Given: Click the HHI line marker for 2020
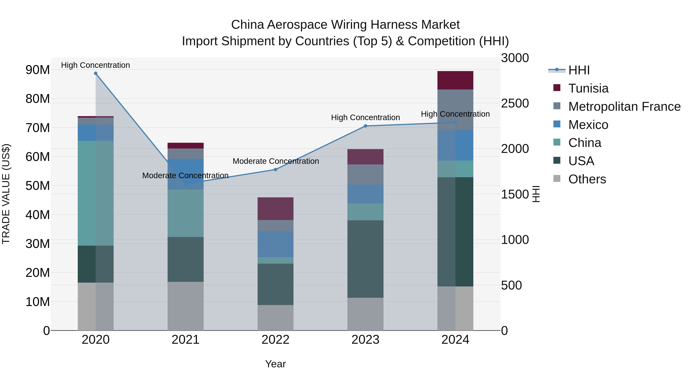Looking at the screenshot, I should pos(96,73).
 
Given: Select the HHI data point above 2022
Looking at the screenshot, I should pos(275,170).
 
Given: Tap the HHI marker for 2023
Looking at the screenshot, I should pos(365,126).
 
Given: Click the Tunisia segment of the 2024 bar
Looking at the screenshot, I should pos(455,80).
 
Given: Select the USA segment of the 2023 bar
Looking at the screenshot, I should pos(365,259).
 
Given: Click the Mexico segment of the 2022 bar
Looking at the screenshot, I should pos(275,244).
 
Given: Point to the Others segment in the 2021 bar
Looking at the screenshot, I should pos(185,306).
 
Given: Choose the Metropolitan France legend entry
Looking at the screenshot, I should pos(624,107).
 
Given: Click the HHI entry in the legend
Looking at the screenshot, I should pos(579,70).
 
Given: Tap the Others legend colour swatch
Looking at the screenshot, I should pos(557,179).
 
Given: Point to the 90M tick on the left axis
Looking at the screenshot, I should pos(38,70).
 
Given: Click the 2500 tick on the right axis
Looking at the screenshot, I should pos(515,103).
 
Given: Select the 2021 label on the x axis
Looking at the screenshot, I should pos(185,340).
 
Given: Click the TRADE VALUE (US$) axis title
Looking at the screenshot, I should pos(6,194).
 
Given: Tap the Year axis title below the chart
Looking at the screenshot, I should pos(275,364).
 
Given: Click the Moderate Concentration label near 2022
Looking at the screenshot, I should pos(275,161).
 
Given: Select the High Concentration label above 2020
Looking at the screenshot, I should pos(96,65).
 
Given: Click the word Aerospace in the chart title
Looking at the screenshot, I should pos(298,25).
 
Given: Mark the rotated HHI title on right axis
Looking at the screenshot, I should pos(536,194).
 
